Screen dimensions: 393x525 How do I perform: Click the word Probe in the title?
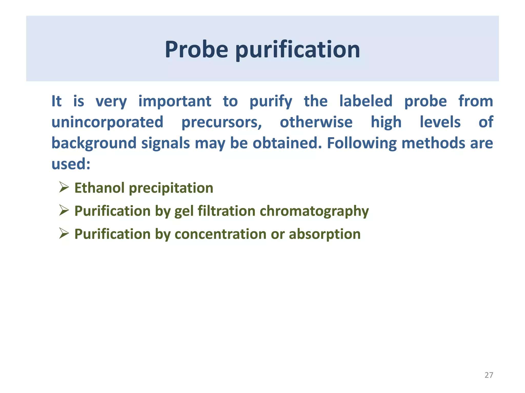196,49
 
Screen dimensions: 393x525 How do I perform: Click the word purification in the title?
298,49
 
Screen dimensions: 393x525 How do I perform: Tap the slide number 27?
489,375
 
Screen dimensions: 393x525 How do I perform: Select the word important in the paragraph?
175,101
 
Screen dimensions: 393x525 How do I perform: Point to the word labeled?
366,101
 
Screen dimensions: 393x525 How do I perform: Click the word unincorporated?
107,122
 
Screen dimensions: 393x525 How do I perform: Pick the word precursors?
221,122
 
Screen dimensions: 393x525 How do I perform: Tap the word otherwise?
316,122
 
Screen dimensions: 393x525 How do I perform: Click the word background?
94,143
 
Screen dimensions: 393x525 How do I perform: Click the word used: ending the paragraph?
71,164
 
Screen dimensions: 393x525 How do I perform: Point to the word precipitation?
171,188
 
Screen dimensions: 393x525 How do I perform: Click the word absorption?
325,234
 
